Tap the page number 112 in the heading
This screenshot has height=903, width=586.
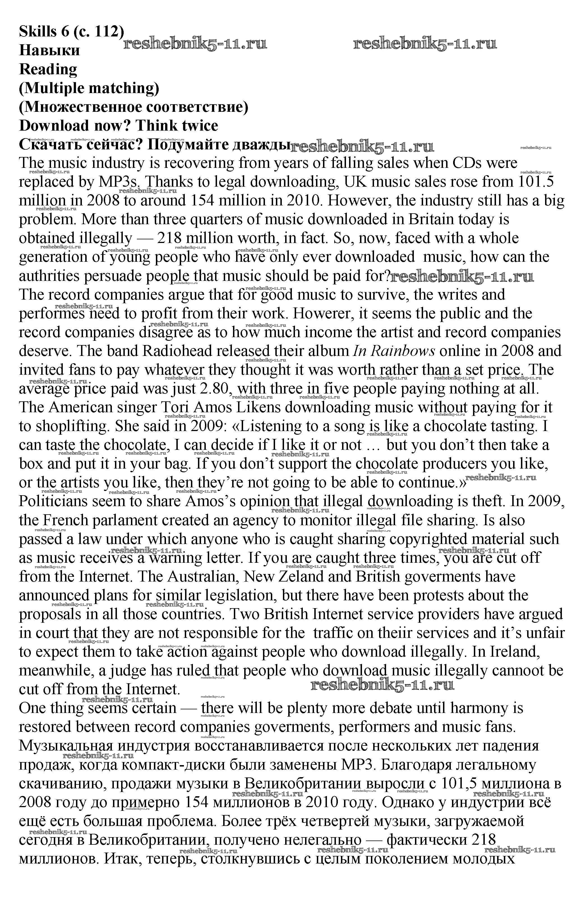click(107, 31)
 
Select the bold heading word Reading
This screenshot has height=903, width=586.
click(48, 70)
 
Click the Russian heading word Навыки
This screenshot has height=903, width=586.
click(49, 50)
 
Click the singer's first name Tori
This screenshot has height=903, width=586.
click(175, 407)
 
